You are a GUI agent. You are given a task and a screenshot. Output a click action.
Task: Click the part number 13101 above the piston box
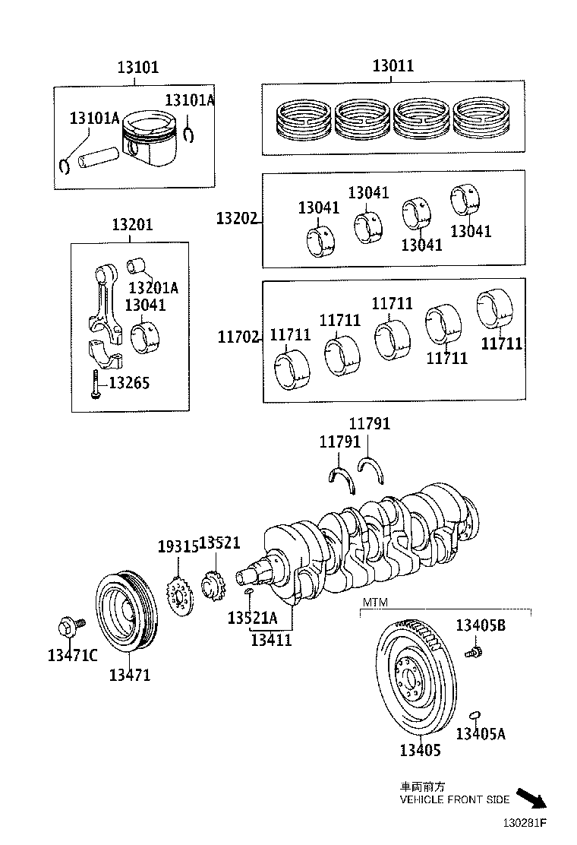pyautogui.click(x=137, y=67)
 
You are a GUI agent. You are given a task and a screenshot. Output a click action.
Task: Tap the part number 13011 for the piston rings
pyautogui.click(x=393, y=65)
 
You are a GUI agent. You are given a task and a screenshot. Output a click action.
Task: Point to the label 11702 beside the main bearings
pyautogui.click(x=238, y=336)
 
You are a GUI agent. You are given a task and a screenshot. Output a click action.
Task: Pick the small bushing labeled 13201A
pyautogui.click(x=136, y=267)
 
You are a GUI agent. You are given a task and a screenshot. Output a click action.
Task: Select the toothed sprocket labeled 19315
pyautogui.click(x=179, y=597)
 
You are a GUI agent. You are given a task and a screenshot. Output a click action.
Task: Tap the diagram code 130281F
pyautogui.click(x=523, y=823)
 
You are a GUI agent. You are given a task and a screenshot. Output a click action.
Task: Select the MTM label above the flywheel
pyautogui.click(x=375, y=603)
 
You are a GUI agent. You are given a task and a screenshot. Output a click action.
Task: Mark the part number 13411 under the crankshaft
pyautogui.click(x=271, y=640)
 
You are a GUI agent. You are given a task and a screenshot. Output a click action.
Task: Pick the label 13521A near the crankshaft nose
pyautogui.click(x=252, y=618)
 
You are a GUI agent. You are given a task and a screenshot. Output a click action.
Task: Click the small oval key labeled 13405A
pyautogui.click(x=475, y=714)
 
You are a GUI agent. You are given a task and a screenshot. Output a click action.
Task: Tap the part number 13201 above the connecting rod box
pyautogui.click(x=132, y=225)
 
